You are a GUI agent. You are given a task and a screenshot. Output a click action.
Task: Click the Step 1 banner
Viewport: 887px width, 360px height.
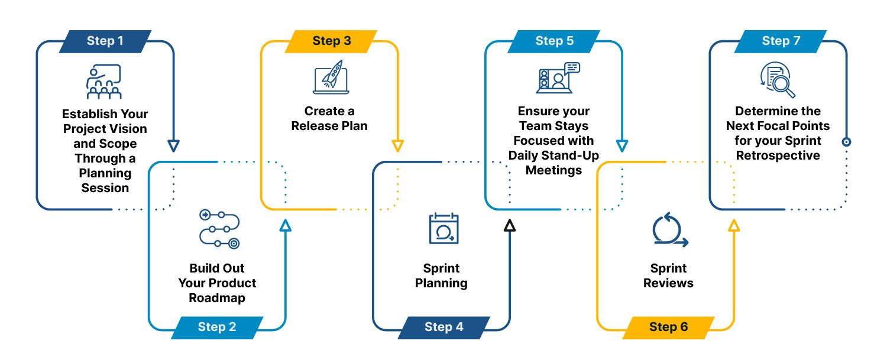click(105, 41)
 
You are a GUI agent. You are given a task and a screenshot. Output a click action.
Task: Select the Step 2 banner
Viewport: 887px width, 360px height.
click(216, 327)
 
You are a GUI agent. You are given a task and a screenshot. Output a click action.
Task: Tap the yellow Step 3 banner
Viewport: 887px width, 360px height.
click(331, 41)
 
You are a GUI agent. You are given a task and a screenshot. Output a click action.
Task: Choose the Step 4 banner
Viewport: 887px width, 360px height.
click(444, 327)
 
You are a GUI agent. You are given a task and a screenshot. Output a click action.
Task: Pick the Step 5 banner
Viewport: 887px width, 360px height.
click(554, 41)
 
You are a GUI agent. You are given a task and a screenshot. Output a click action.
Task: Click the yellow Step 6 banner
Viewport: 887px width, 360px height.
click(668, 327)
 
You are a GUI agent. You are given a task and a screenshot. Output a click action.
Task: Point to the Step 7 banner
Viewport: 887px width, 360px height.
click(781, 41)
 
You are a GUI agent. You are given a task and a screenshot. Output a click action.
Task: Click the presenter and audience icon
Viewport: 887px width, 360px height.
click(104, 82)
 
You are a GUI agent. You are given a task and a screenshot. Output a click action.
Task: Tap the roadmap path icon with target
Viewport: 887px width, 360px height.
click(219, 228)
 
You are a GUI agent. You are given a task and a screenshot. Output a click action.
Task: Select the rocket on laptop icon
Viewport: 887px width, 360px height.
click(331, 77)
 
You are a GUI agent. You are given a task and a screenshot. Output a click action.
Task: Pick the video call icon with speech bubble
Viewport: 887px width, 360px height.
click(558, 78)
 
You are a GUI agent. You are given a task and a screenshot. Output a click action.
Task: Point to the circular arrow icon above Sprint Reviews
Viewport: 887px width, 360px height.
click(669, 231)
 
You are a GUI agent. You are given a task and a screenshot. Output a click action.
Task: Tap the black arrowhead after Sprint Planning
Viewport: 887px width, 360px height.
click(510, 225)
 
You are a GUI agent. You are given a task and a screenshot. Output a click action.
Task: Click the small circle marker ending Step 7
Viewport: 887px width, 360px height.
click(846, 142)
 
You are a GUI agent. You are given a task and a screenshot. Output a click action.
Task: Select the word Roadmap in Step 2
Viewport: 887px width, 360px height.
click(217, 298)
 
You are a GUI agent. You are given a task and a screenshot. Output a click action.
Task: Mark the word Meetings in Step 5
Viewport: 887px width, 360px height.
click(553, 170)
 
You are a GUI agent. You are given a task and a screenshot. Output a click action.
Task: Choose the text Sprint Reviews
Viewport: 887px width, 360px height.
click(668, 276)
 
